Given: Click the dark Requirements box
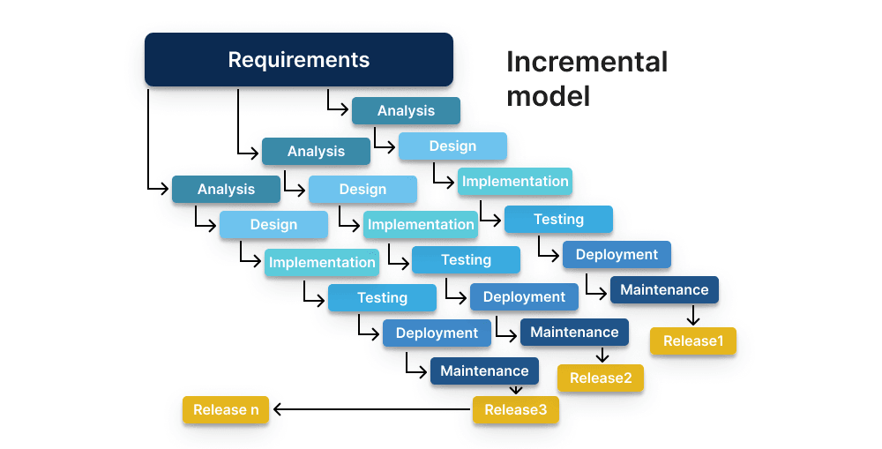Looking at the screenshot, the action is point(299,60).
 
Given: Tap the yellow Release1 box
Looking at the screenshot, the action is point(693,341).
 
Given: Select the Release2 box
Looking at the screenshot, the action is point(601,378).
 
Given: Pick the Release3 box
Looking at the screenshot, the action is point(516,409).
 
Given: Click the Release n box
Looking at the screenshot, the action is point(226,409).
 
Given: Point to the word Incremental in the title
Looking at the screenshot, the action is point(587,62).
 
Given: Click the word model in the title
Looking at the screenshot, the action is point(549,96).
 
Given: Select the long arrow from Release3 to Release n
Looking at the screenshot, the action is point(372,409).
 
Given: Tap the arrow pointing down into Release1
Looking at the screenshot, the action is point(693,315).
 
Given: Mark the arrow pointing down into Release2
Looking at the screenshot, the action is point(602,355).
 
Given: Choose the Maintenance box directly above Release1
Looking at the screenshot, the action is point(664,289).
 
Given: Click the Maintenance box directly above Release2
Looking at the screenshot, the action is point(574,332).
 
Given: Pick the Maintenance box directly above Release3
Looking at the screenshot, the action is point(484,370).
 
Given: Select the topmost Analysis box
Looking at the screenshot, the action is point(406,111).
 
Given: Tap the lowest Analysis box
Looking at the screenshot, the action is point(226,189).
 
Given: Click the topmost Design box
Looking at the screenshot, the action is point(452,146).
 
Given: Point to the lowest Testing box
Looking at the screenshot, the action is point(383,297).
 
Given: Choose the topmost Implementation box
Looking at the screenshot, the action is point(515,181).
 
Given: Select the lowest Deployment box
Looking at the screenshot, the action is point(437,333).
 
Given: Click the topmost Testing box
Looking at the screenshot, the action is point(558,220).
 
